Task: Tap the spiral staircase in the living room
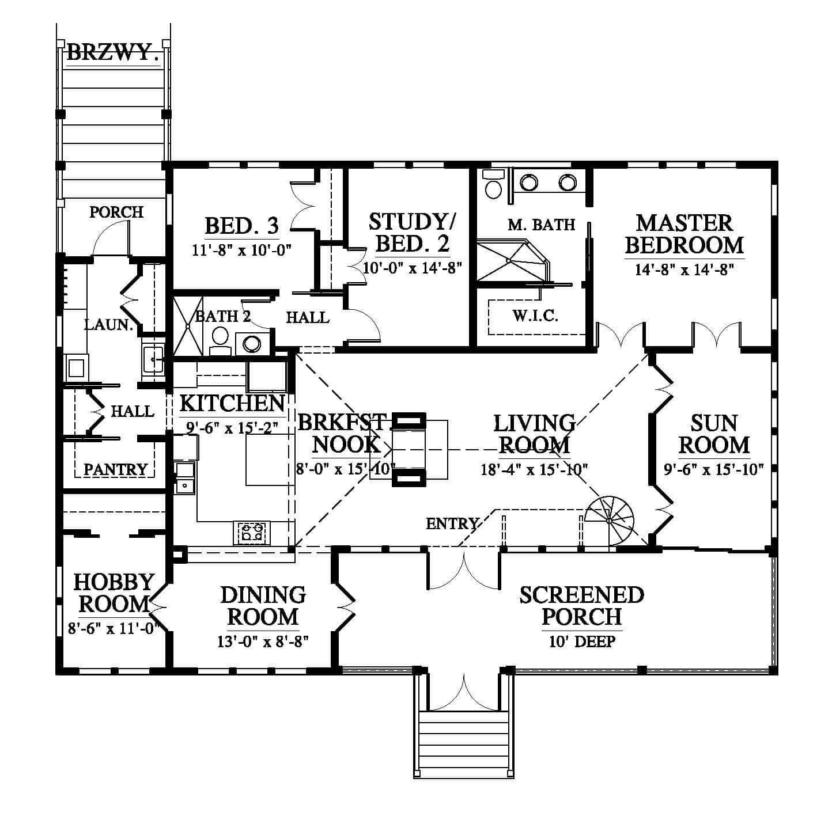tap(610, 521)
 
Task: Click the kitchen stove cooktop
tap(252, 533)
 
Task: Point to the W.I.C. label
tap(535, 316)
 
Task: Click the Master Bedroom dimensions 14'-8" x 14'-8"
tap(684, 269)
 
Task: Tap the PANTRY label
tap(115, 469)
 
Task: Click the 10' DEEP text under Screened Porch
tap(582, 641)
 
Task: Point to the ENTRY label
tap(452, 524)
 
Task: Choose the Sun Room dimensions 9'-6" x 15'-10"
tap(714, 469)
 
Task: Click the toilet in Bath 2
tap(220, 340)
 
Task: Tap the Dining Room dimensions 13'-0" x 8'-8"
tap(263, 641)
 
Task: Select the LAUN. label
tap(109, 325)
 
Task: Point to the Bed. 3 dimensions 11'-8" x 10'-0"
tap(242, 250)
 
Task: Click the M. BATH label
tap(542, 225)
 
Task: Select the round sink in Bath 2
tap(252, 344)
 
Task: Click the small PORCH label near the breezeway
tap(116, 212)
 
